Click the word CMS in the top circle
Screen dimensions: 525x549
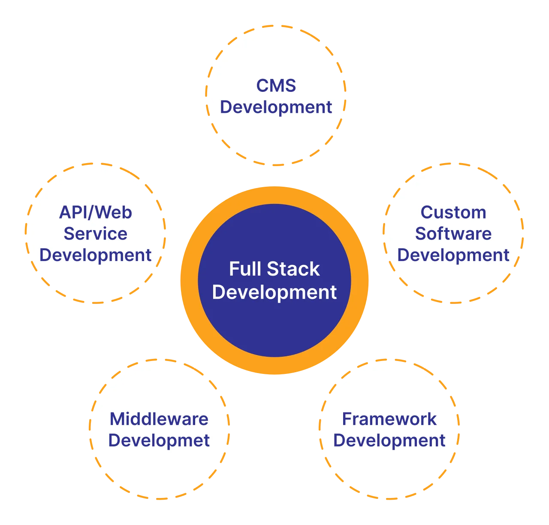point(276,85)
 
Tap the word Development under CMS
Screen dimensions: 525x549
point(276,107)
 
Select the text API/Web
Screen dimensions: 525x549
point(95,212)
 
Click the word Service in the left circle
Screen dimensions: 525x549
point(95,234)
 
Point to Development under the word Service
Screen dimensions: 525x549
point(95,255)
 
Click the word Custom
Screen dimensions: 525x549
point(453,212)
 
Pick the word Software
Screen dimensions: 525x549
point(453,234)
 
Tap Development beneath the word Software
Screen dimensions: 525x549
point(453,255)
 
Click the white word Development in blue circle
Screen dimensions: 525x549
point(274,292)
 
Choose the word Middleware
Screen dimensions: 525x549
point(159,419)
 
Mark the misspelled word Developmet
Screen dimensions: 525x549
point(159,440)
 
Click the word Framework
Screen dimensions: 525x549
point(389,419)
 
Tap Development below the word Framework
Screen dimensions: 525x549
point(389,440)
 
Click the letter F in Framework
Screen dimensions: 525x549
point(347,419)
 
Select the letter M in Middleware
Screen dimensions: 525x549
point(117,419)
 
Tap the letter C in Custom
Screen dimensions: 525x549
point(427,212)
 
